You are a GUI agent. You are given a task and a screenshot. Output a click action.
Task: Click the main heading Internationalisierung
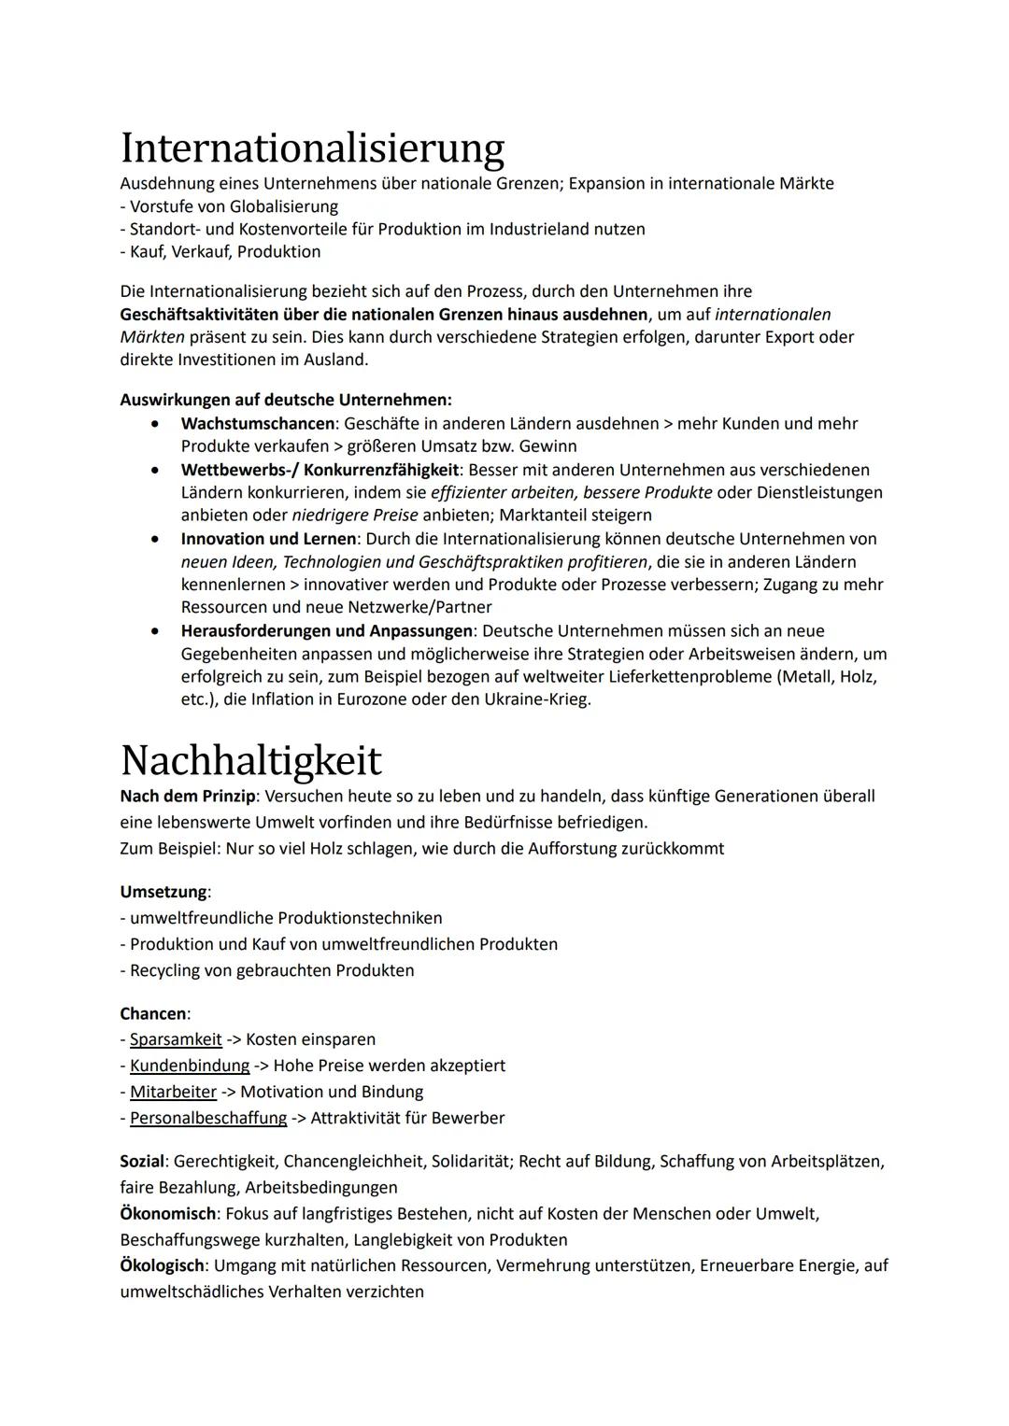pos(312,148)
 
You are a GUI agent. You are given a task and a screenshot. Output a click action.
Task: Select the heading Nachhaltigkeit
pos(250,760)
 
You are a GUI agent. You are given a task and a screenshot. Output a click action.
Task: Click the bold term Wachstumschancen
pos(257,424)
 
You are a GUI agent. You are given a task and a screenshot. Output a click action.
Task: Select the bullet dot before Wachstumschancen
pos(155,424)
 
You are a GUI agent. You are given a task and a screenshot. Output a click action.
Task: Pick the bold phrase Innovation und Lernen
pos(268,539)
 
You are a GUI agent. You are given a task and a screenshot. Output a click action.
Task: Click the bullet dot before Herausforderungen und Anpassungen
pos(155,631)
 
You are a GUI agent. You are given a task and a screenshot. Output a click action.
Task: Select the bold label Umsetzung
pos(163,892)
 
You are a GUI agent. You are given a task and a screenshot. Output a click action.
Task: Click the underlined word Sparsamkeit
pos(176,1039)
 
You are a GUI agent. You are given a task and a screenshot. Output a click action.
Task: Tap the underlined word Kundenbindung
pos(190,1066)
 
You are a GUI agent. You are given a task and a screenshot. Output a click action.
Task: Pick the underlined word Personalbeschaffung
pos(208,1118)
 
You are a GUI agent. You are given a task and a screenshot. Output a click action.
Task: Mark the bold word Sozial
pos(142,1162)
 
